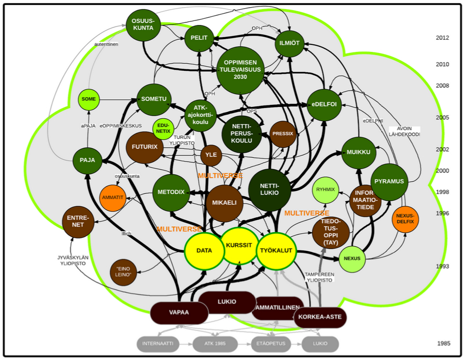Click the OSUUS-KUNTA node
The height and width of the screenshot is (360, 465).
[x=143, y=24]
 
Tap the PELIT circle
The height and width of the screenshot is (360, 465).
[x=199, y=38]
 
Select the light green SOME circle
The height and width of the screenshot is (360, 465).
[x=89, y=99]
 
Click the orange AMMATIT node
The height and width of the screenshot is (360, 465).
[x=113, y=198]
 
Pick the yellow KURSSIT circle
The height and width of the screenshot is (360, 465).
[x=239, y=245]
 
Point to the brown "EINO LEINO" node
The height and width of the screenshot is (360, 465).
[x=123, y=272]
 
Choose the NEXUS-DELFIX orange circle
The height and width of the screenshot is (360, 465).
[x=405, y=219]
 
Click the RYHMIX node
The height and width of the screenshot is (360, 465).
[x=325, y=190]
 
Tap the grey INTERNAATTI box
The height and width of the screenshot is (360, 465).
[x=158, y=344]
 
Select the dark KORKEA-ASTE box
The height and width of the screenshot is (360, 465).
[x=320, y=317]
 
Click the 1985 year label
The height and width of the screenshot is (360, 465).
[x=443, y=344]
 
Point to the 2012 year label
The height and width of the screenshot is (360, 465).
[x=442, y=38]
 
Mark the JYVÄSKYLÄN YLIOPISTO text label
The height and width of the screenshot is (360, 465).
[x=73, y=261]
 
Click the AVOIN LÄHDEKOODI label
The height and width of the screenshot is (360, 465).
[x=404, y=131]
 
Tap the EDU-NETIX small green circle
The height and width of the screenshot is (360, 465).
[x=163, y=127]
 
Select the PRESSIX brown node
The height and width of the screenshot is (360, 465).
[x=283, y=134]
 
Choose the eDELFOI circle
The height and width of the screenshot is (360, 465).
[x=324, y=104]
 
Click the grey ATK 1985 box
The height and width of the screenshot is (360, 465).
[x=215, y=344]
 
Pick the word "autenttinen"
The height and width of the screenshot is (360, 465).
[x=106, y=45]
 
